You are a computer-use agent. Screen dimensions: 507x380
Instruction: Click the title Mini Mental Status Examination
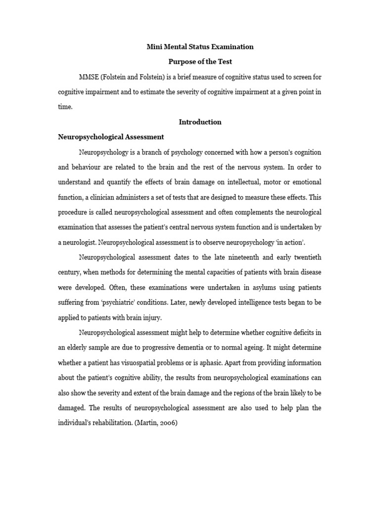tap(200, 47)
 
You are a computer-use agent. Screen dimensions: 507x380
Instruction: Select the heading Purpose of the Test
tap(200, 62)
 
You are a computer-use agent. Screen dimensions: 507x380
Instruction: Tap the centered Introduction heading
tap(200, 122)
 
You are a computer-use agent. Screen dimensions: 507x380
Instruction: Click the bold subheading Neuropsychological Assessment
tap(111, 137)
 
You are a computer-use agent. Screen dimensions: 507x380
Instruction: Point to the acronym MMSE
tap(88, 77)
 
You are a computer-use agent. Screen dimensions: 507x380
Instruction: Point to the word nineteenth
tap(240, 257)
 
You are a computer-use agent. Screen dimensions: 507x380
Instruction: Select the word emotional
tap(305, 182)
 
